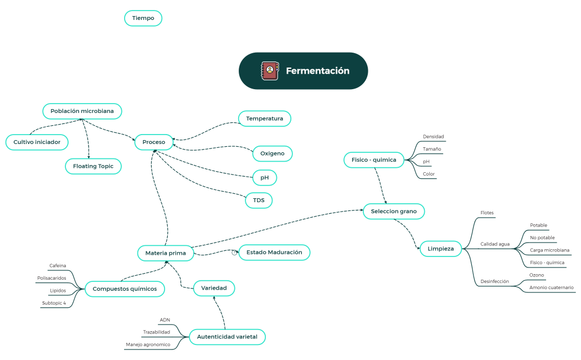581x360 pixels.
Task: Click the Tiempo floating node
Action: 143,18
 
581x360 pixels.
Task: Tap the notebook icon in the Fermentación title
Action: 270,71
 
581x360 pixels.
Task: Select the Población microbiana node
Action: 82,111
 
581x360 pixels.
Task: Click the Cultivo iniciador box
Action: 37,142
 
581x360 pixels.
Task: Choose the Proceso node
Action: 153,142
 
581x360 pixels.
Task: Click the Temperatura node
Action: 264,119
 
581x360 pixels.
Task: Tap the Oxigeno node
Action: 272,153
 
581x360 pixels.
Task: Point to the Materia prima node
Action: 166,253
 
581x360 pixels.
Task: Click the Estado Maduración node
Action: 274,252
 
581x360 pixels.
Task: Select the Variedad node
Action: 214,288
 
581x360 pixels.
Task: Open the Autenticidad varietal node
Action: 227,337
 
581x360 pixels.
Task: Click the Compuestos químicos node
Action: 125,289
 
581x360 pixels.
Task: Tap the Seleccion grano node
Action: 393,211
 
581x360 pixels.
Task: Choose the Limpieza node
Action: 440,249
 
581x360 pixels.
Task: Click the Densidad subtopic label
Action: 433,136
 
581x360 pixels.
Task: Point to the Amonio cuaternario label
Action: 551,287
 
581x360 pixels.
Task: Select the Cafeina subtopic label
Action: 58,265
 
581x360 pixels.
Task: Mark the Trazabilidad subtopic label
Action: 156,332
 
